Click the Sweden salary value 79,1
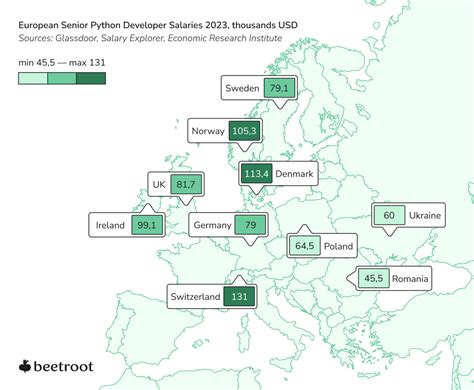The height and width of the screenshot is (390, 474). [281, 88]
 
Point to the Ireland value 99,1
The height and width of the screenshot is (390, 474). [148, 225]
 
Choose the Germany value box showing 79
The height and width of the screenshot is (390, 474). [251, 225]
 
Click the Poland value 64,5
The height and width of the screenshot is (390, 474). [305, 245]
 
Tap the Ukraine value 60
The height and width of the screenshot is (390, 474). [388, 215]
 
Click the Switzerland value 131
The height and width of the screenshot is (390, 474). [240, 296]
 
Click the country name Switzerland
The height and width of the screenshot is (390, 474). [196, 296]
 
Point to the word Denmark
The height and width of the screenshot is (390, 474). [295, 175]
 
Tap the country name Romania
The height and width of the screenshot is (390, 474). [411, 278]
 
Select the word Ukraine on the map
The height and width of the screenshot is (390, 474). [425, 215]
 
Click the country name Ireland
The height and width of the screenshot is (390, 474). [110, 225]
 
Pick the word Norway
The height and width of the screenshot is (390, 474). [208, 132]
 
